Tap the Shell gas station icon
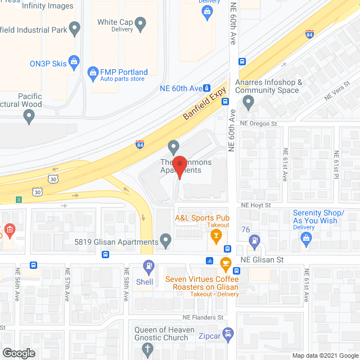point(148,265)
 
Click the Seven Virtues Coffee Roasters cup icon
point(226,263)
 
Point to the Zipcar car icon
point(228,336)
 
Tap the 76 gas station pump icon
point(254,240)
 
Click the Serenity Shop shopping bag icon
point(306,239)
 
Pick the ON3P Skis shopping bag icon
point(74,61)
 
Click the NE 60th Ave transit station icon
point(207,88)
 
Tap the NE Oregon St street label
point(259,122)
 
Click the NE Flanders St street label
point(203,317)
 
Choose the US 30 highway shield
point(52,179)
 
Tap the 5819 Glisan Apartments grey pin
point(165,241)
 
